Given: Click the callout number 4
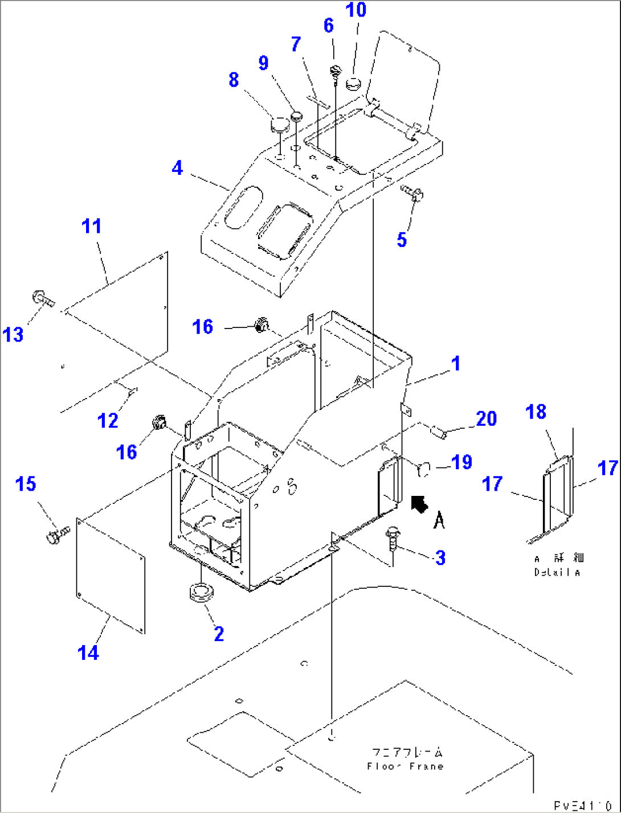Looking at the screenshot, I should pos(177,168).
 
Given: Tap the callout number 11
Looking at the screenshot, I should pos(92,226).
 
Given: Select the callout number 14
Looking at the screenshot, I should pos(88,652).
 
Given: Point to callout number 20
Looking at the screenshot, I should pos(486,418).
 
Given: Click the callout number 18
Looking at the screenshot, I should pos(536,412).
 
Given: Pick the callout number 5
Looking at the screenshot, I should pos(402,240).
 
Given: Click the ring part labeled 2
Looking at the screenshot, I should pos(200,593).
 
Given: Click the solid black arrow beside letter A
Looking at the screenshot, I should pos(420,503).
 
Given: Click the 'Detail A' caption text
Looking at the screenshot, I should pos(557,572).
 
